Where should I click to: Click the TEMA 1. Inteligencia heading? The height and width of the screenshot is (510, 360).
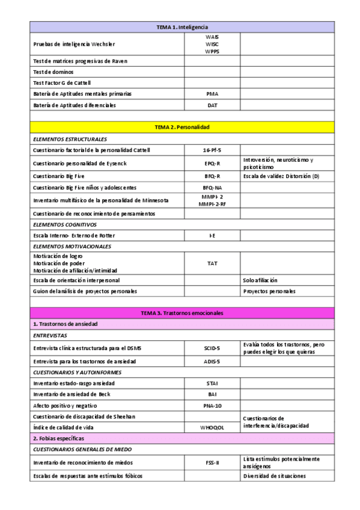[182, 27]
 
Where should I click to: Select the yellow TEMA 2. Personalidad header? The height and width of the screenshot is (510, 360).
[182, 127]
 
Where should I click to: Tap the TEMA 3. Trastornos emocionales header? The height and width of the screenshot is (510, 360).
[182, 313]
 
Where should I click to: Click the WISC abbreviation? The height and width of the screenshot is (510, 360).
[212, 44]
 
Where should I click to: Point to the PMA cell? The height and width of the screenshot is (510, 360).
[212, 94]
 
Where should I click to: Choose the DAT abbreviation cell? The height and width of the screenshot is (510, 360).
[212, 105]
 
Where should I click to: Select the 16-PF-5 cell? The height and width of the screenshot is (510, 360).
[212, 150]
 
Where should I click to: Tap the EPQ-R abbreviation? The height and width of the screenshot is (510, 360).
[212, 163]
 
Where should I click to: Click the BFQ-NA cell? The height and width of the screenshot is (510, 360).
[212, 188]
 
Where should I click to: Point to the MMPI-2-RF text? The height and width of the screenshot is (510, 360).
[212, 204]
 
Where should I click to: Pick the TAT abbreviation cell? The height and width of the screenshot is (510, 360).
[212, 263]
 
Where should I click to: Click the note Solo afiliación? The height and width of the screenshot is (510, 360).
[260, 280]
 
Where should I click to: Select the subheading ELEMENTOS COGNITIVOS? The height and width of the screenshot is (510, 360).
[65, 224]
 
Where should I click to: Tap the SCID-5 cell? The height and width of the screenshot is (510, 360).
[212, 348]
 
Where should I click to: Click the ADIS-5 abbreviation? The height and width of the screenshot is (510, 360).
[212, 361]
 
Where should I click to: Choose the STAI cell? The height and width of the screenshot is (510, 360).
[212, 383]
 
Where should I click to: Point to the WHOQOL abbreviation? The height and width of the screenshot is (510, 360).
[212, 427]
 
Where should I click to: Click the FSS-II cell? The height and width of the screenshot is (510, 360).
[212, 462]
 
